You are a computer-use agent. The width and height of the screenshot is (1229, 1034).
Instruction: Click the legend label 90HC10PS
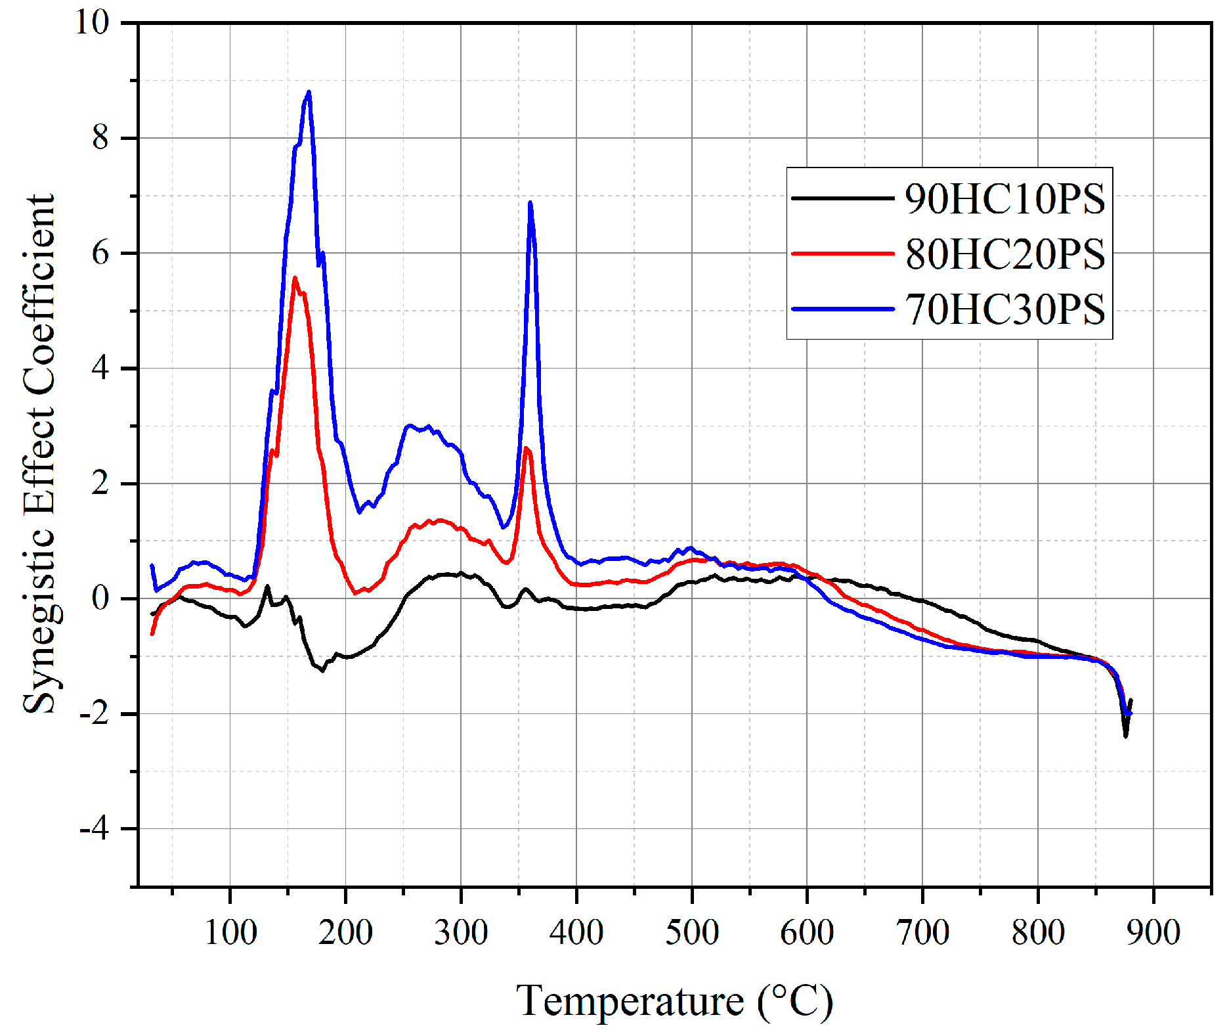point(1004,198)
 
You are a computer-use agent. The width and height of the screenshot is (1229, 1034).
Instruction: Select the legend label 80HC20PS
point(1004,254)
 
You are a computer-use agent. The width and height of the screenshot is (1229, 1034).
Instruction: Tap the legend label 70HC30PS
point(1004,309)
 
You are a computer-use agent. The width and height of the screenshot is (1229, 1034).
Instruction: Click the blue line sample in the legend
point(842,309)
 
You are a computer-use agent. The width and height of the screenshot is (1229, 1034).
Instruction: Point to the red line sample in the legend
point(842,253)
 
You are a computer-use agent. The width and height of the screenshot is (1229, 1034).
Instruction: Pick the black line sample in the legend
point(842,198)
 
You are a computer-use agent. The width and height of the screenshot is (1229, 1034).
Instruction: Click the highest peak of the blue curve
point(309,93)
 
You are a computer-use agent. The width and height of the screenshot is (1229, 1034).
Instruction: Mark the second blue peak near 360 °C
point(530,203)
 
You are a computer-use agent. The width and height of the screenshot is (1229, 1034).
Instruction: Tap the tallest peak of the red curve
point(295,278)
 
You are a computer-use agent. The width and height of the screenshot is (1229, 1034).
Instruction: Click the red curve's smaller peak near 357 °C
point(527,449)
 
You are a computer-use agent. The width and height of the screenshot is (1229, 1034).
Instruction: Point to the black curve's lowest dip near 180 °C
point(322,670)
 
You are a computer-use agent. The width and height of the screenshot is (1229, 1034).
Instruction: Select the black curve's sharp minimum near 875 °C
point(1125,736)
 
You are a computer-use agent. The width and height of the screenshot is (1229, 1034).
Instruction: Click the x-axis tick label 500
point(691,933)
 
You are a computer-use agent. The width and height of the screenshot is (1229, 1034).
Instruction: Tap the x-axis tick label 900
point(1153,933)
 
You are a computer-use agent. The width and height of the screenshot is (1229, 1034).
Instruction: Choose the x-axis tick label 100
point(230,933)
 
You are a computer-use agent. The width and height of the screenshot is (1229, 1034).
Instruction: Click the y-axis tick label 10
point(92,22)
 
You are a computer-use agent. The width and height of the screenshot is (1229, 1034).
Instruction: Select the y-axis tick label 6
point(100,254)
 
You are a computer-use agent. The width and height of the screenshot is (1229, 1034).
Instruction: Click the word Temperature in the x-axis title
point(629,1001)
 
